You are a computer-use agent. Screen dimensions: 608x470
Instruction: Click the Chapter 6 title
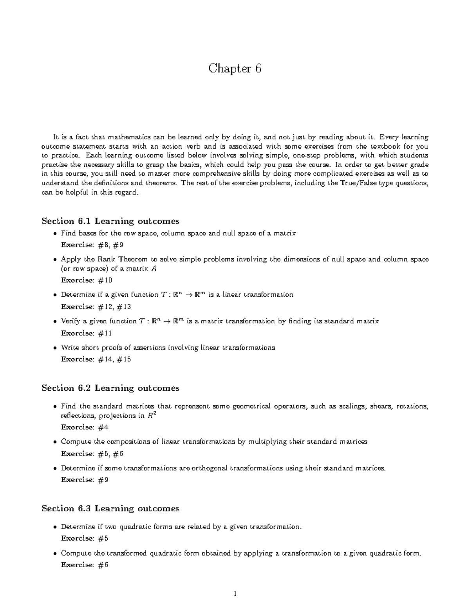point(235,69)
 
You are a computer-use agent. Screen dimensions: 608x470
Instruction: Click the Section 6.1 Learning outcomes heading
point(110,221)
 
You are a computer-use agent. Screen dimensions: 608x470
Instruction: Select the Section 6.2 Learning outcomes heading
point(110,388)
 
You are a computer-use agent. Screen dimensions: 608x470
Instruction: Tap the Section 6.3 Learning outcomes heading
point(110,509)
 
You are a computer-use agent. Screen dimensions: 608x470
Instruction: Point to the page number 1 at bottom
point(235,594)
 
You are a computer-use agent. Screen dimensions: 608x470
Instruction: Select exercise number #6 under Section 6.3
point(103,565)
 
